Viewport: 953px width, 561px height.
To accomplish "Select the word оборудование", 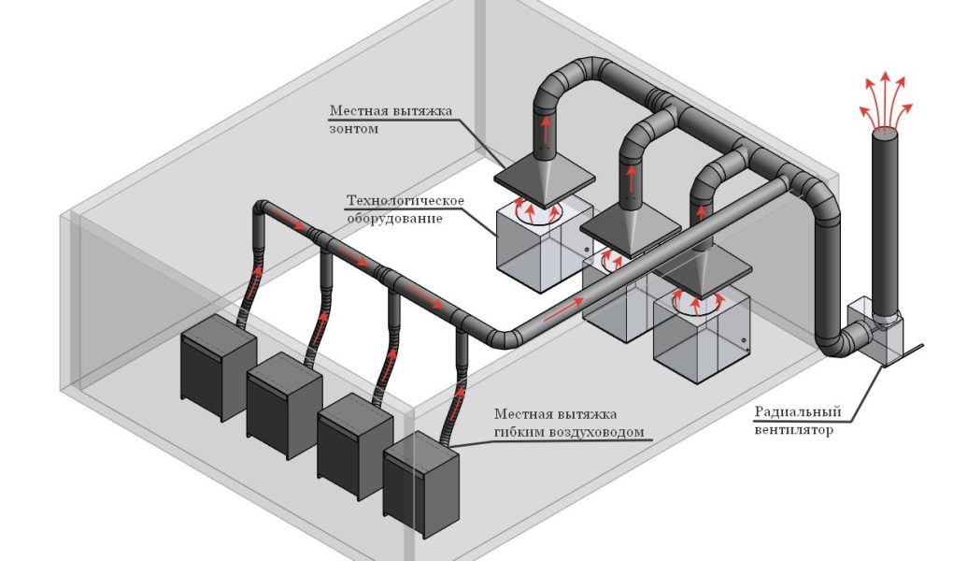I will pyautogui.click(x=395, y=218).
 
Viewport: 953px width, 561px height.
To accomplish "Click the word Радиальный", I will pyautogui.click(x=797, y=411).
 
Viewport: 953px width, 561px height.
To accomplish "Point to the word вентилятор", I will pyautogui.click(x=793, y=430).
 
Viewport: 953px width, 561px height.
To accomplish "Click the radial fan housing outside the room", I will pyautogui.click(x=874, y=333).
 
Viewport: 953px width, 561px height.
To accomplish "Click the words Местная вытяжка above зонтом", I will pyautogui.click(x=391, y=111).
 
